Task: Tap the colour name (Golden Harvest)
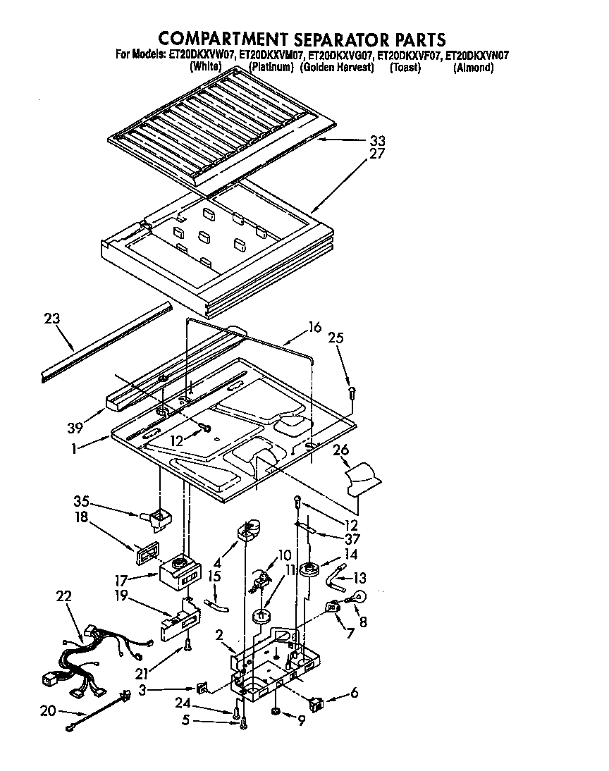pyautogui.click(x=336, y=68)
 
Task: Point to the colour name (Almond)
pyautogui.click(x=473, y=68)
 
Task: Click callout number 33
pyautogui.click(x=379, y=140)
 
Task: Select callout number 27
pyautogui.click(x=378, y=153)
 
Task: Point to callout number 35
pyautogui.click(x=82, y=502)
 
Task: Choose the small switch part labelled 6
pyautogui.click(x=317, y=702)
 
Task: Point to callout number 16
pyautogui.click(x=314, y=326)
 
